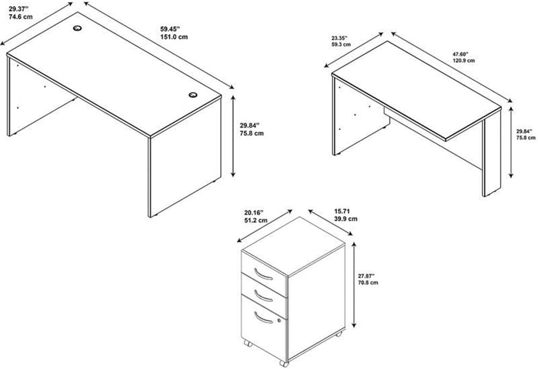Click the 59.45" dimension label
click(x=169, y=29)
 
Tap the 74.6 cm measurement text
click(x=20, y=17)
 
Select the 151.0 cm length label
click(x=174, y=37)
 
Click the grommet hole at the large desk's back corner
click(x=78, y=28)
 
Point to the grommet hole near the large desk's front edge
click(x=193, y=95)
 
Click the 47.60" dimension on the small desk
click(x=460, y=54)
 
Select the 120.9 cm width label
click(x=464, y=60)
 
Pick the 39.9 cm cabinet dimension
click(x=345, y=219)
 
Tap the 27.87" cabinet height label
click(x=366, y=276)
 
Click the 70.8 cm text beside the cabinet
click(x=368, y=282)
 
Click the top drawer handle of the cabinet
click(x=263, y=275)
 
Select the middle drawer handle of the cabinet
click(x=263, y=296)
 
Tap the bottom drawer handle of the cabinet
click(x=263, y=317)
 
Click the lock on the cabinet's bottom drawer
click(x=279, y=321)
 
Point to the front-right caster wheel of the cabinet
click(x=284, y=363)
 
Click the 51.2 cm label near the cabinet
click(x=256, y=221)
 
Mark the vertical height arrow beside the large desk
click(x=233, y=136)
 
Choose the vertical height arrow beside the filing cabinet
click(x=355, y=285)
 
